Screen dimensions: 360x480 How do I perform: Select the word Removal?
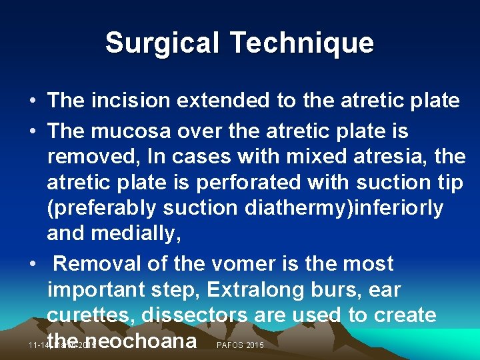click(99, 264)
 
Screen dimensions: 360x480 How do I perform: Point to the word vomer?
click(205, 264)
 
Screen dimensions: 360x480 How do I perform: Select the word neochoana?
click(142, 341)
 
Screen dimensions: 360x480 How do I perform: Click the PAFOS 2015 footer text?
click(241, 345)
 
